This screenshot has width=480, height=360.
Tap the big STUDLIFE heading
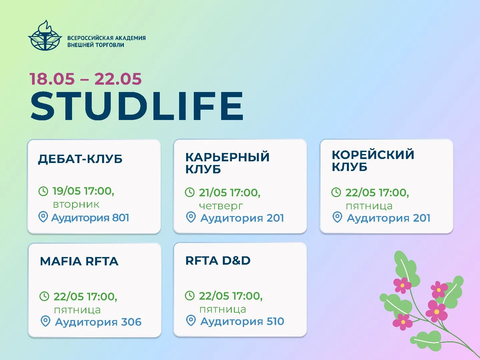point(137,106)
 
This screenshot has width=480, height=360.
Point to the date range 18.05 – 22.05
point(86,79)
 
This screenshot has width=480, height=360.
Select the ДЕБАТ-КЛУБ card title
point(80,159)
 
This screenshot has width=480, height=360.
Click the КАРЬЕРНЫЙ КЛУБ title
point(227,163)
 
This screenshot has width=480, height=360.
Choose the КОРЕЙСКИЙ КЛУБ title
point(373,161)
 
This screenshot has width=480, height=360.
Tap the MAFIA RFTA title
point(79,261)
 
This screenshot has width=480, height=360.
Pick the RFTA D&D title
point(218,260)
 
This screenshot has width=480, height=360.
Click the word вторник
point(76,205)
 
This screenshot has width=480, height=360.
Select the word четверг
point(221,206)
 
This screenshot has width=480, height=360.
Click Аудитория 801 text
point(90,218)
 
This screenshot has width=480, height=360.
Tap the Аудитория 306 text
point(98,322)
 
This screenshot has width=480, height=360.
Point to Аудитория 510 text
point(242,321)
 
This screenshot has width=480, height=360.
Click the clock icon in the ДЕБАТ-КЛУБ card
point(43,191)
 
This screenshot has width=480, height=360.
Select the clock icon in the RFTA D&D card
point(189,296)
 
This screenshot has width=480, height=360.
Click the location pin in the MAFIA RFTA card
point(45,321)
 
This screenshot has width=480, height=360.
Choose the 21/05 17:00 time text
point(229,193)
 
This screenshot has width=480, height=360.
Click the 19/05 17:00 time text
point(83,191)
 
